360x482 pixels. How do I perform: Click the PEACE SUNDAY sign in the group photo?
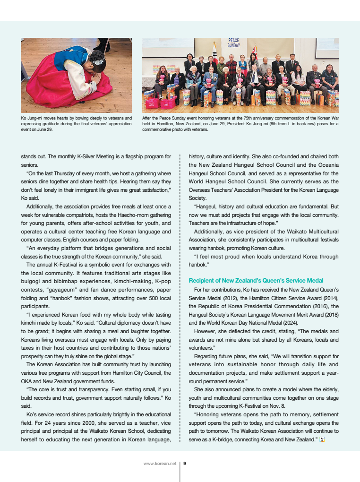click(234, 43)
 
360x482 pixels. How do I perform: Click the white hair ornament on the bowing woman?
click(98, 60)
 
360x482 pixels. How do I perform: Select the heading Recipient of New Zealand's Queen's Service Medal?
click(256, 281)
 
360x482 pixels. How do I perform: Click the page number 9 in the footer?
click(185, 464)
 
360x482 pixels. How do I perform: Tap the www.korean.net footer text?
click(160, 464)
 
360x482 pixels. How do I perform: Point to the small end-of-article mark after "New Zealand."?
click(322, 440)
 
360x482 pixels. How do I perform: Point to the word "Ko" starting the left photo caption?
click(24, 118)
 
